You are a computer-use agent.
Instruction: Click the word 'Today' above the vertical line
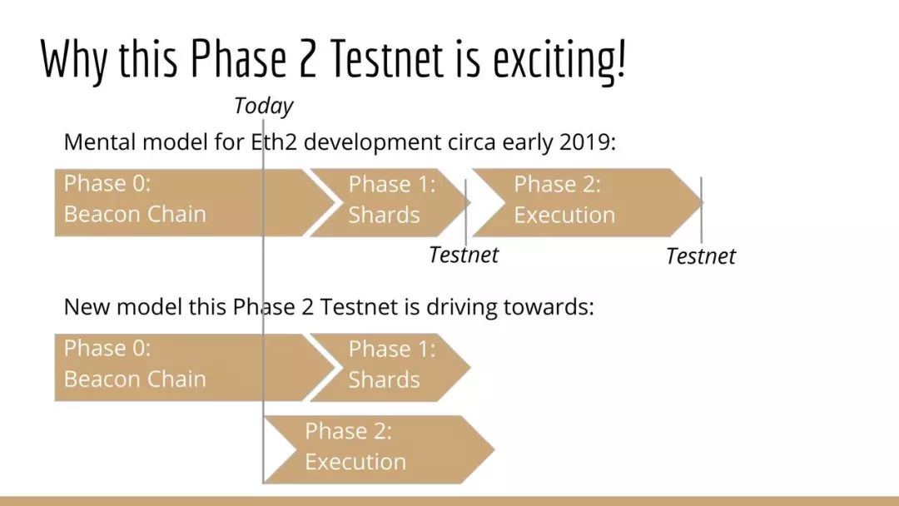point(263,107)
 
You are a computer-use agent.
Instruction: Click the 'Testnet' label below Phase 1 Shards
point(464,255)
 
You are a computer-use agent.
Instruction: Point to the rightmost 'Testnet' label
point(701,256)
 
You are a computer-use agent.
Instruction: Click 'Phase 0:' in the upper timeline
point(107,183)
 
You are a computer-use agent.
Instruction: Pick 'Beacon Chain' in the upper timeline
point(135,215)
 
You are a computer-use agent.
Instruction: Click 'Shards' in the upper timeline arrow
point(384,216)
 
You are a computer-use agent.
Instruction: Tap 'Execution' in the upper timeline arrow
point(564,216)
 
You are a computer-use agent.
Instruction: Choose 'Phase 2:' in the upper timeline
point(557,185)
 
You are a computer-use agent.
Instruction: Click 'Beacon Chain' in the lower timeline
point(135,379)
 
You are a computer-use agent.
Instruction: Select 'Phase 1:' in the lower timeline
point(392,349)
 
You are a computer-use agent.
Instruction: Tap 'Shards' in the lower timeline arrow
point(384,380)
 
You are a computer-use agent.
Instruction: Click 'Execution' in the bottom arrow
point(355,462)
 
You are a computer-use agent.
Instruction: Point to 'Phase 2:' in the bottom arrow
point(349,431)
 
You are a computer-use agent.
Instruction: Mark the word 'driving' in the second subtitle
point(461,308)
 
